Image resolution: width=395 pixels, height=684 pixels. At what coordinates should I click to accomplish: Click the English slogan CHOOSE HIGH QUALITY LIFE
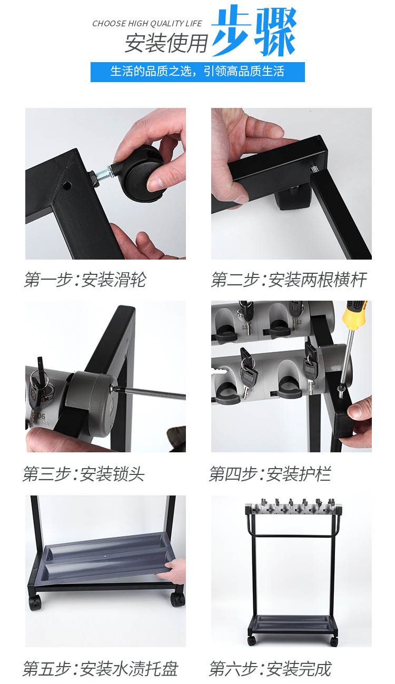[147, 24]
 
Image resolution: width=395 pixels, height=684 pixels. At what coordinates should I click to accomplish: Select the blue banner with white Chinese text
[197, 72]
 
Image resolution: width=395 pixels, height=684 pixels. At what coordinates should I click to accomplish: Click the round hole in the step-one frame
[67, 185]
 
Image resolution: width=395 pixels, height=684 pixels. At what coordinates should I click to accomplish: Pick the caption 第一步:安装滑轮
[85, 280]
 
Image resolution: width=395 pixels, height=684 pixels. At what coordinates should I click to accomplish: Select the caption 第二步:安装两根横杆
[289, 280]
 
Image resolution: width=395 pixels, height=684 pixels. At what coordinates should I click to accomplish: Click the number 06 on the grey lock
[41, 416]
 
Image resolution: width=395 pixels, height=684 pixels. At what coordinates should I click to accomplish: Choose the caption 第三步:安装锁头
[84, 473]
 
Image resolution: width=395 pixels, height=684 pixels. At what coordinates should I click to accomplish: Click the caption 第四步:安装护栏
[270, 473]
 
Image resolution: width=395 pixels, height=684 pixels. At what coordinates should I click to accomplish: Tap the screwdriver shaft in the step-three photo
[150, 393]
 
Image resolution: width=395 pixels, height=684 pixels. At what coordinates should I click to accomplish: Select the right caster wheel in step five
[177, 599]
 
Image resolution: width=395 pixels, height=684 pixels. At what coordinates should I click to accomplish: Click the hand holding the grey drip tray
[173, 571]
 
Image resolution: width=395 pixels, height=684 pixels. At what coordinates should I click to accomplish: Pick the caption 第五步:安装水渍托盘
[101, 669]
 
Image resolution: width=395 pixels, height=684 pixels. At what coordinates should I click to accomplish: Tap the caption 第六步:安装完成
[270, 669]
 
